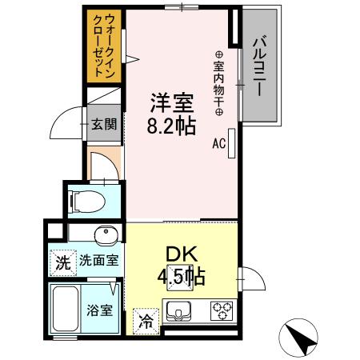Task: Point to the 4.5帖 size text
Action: [181, 278]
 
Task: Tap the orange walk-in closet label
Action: [103, 45]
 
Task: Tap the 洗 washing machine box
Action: [62, 261]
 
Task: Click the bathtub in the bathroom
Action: [64, 308]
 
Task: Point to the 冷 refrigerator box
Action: [146, 322]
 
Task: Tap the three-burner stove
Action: [220, 310]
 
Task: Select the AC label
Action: [218, 145]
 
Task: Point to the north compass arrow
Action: [301, 339]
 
